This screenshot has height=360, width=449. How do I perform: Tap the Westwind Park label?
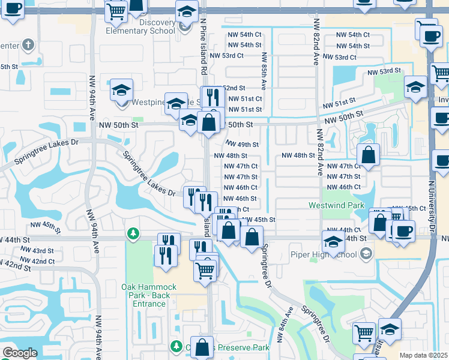coord(336,205)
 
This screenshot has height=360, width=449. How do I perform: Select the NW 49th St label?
coord(242,145)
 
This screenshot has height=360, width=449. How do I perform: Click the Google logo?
coord(20,353)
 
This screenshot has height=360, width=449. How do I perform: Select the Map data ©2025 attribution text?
coord(423,355)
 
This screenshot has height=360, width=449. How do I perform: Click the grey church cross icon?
coord(28,44)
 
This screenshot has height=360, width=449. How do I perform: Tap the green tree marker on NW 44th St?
coord(133,233)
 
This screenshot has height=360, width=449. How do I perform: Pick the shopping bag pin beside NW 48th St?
coord(369,155)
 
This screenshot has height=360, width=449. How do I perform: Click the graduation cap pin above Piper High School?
coord(333,241)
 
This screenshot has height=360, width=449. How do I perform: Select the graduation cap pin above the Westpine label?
coord(122,90)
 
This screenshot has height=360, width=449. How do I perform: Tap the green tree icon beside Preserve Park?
coord(176,347)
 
